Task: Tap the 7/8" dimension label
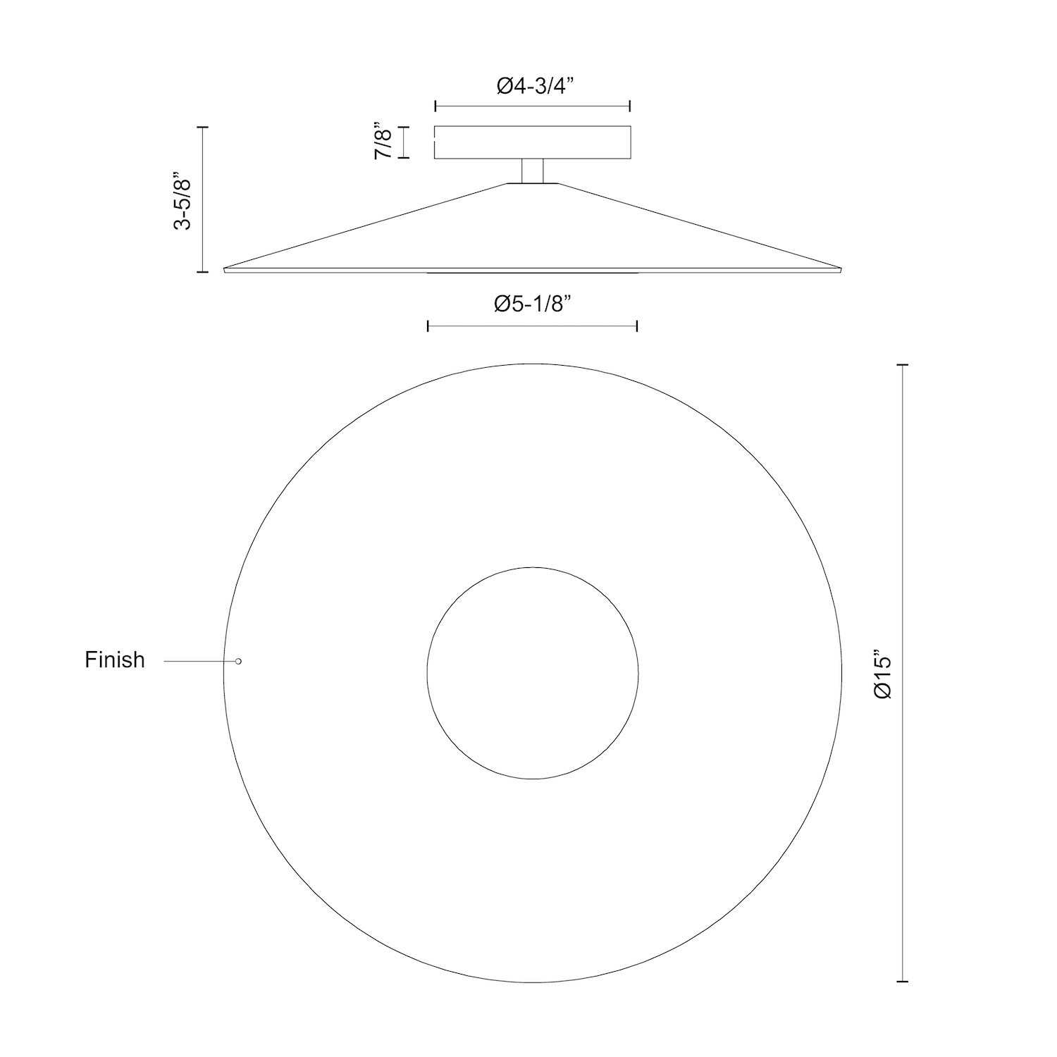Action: point(383,142)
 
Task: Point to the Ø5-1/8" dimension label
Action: point(532,304)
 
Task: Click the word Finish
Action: point(115,660)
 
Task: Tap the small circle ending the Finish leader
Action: point(238,661)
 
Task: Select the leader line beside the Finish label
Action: point(199,661)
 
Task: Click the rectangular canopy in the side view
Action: point(532,142)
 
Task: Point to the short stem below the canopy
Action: point(532,171)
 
